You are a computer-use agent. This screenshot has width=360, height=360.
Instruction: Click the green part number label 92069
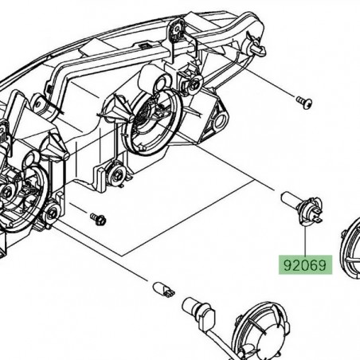pos(303,264)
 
